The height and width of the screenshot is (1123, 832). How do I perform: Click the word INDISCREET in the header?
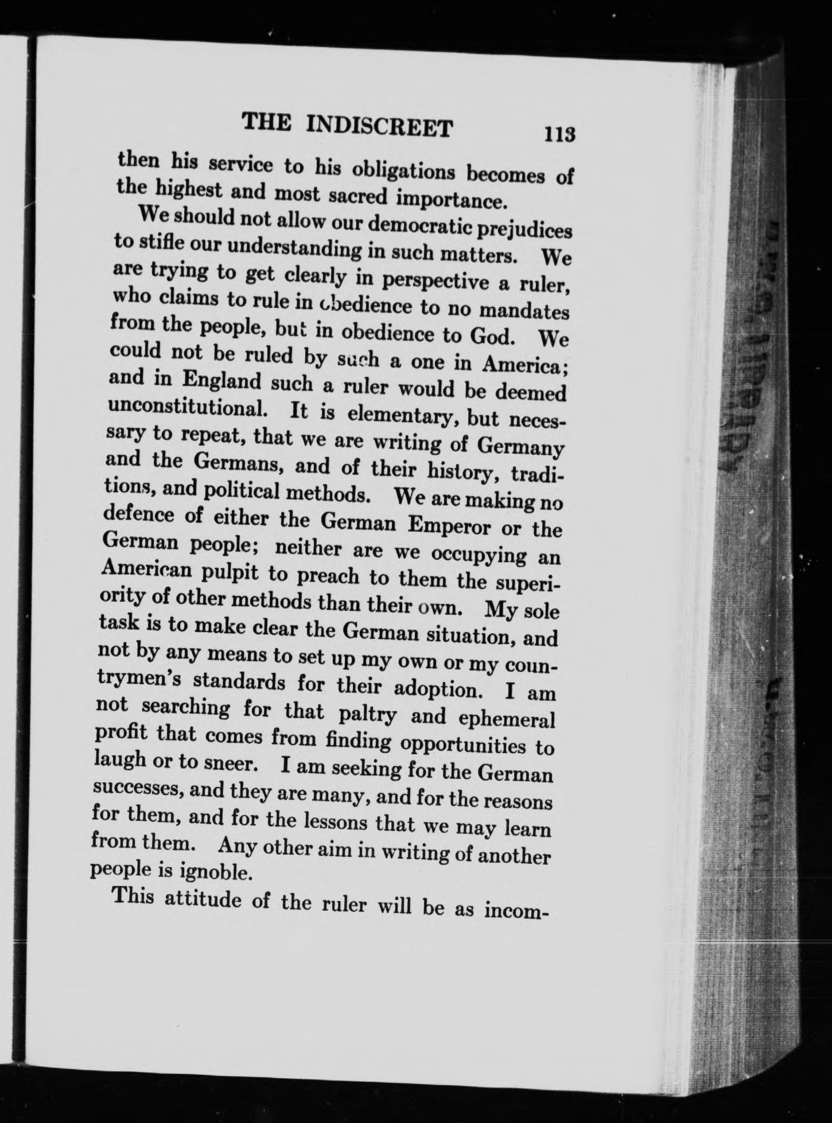[x=380, y=126]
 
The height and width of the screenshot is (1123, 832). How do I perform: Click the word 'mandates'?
[x=523, y=311]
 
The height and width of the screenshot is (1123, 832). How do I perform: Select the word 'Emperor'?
[x=447, y=525]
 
